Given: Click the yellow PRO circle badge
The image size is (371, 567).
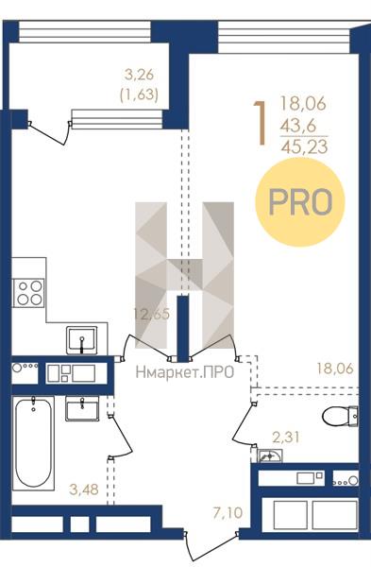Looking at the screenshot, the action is coord(300,202).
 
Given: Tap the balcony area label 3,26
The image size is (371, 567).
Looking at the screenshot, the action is coord(139,76).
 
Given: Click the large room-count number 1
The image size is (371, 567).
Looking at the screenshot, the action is coord(261,123).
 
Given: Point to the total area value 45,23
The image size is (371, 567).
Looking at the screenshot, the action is coord(304,146).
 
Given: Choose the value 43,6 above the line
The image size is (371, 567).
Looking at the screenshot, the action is coord(298,126).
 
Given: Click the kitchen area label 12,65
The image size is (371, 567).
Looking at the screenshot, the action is coord(151,313).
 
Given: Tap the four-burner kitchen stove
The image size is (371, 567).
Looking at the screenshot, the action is coord(28,293).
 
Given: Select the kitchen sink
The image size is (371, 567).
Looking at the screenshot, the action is coord(82,340).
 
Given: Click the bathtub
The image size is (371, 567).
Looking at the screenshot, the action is coord(33,443).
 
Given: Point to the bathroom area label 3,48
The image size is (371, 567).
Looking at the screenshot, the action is coord(84,490).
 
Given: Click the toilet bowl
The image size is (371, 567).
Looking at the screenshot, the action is coord(340,416).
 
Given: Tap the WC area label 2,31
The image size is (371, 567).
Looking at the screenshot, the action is coord(286,438).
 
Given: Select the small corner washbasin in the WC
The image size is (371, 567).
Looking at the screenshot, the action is coord(270,455).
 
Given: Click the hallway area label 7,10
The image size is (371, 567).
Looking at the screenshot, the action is coord(228,513).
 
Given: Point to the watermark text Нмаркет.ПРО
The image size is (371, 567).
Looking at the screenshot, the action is coord(185,372).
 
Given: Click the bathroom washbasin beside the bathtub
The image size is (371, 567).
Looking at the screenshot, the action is coord(82,408).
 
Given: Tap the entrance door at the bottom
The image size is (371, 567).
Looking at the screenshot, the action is coord(211,547).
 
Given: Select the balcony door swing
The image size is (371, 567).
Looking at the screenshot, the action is coord(49,132).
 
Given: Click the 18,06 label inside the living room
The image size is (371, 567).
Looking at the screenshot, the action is coord(335,369).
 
